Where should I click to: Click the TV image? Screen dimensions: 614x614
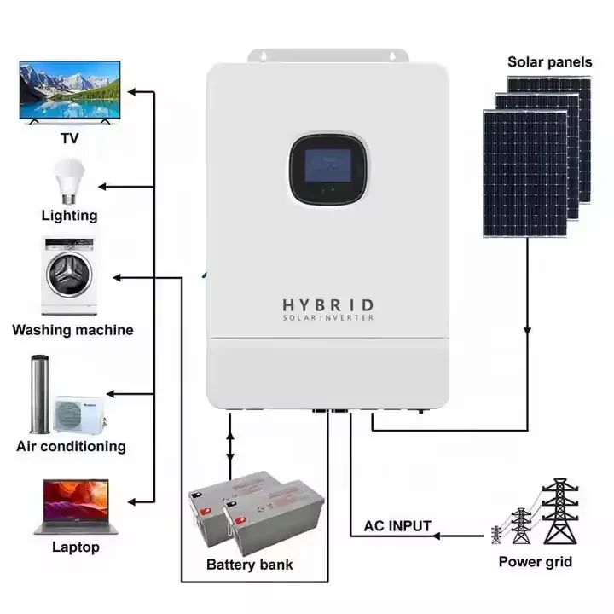(x=69, y=94)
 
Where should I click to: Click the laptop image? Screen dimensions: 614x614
(x=72, y=505)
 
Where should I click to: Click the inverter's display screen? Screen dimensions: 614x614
(x=328, y=167)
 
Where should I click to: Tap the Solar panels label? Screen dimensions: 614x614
(x=550, y=61)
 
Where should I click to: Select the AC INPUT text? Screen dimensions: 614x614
(x=397, y=526)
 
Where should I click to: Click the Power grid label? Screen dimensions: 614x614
(x=536, y=561)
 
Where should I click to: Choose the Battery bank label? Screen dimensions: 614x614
(x=250, y=565)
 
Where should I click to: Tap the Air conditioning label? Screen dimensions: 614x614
(x=71, y=446)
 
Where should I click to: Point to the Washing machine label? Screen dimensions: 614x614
(x=72, y=330)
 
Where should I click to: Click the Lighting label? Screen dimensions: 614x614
(x=69, y=216)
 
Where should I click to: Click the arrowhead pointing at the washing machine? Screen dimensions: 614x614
(x=119, y=277)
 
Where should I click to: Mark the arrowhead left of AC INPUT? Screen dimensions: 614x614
(x=437, y=536)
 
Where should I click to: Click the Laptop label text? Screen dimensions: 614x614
(x=75, y=547)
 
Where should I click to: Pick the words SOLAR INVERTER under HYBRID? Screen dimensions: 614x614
(x=327, y=318)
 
